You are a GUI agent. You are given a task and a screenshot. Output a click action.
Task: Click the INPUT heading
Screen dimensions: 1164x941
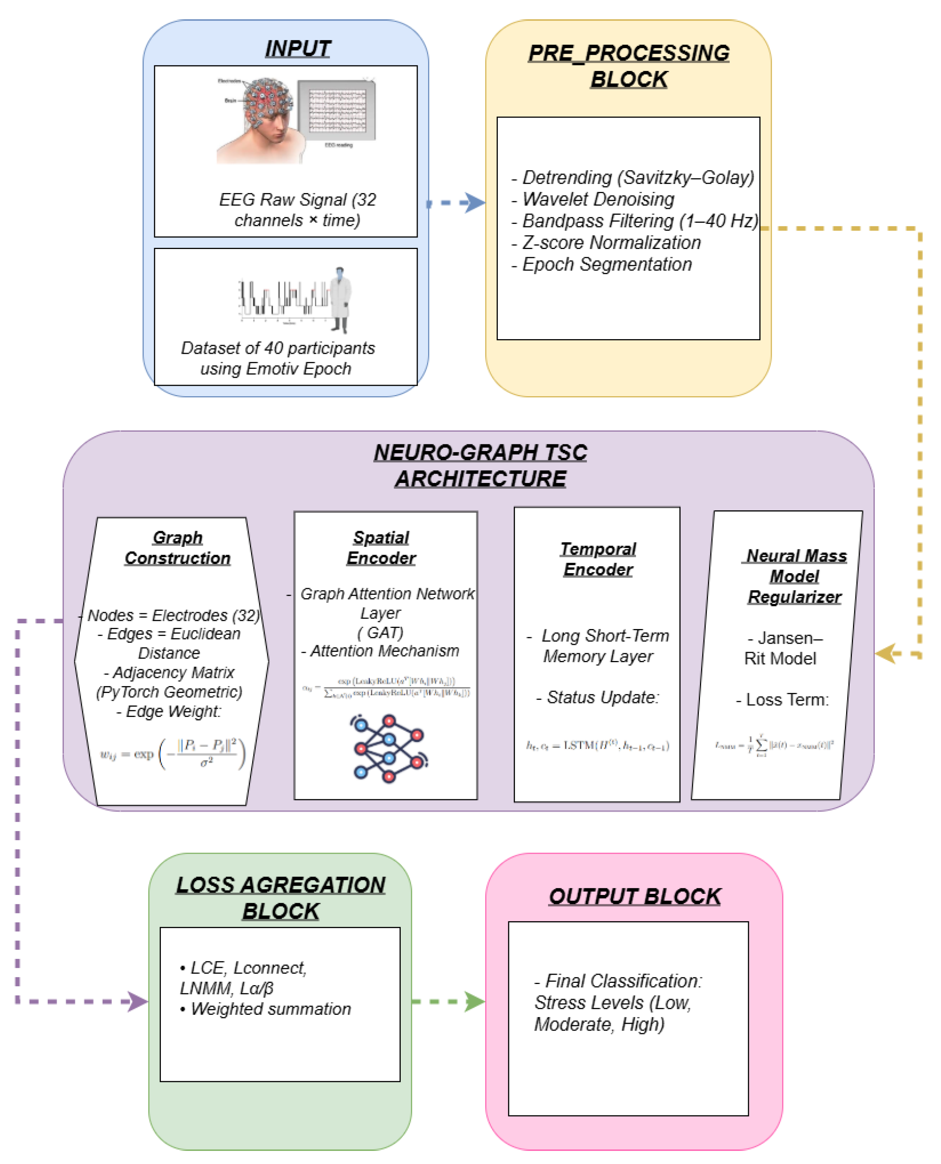click(x=298, y=49)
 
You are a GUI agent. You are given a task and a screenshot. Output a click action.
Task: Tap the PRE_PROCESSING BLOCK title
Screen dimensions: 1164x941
click(x=628, y=66)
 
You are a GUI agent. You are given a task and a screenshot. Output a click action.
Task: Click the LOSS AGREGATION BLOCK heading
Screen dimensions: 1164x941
click(x=280, y=898)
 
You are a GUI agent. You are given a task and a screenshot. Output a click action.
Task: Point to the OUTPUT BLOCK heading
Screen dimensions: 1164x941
click(x=634, y=897)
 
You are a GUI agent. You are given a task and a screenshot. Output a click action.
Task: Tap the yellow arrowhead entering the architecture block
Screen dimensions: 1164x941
click(x=885, y=653)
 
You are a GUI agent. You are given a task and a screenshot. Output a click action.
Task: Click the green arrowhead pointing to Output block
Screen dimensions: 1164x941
click(x=474, y=1001)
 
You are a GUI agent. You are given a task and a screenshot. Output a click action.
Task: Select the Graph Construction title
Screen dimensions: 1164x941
click(x=177, y=548)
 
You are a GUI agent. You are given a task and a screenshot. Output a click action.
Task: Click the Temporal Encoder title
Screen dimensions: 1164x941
click(x=598, y=559)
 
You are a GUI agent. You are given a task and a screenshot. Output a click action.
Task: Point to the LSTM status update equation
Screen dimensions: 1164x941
click(x=597, y=746)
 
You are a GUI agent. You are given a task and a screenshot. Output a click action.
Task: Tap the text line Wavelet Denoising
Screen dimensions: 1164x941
click(x=598, y=199)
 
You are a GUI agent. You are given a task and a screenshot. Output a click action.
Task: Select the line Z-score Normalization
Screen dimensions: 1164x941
click(x=611, y=243)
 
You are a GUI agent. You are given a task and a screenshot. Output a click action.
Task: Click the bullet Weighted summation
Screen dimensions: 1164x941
click(x=270, y=1009)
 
